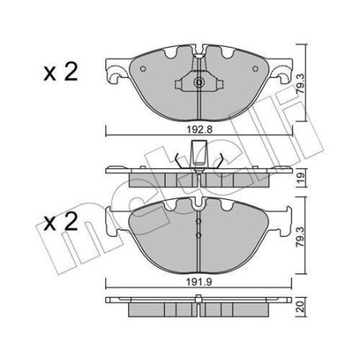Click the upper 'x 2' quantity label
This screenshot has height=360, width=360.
tap(59, 73)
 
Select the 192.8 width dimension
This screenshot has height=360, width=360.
tap(199, 127)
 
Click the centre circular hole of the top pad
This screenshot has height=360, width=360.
tap(198, 82)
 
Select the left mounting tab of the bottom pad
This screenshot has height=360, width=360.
tap(114, 227)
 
